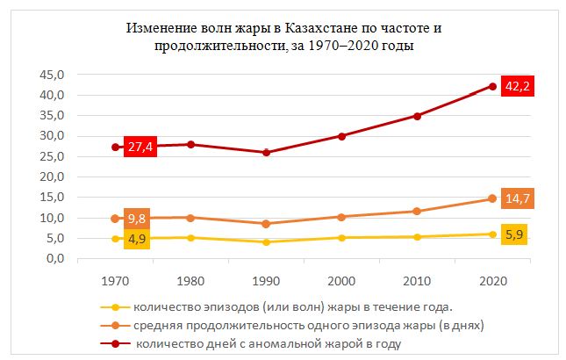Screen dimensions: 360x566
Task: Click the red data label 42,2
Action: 518,87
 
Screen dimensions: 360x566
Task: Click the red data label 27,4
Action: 139,148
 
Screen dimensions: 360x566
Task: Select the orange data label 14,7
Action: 518,199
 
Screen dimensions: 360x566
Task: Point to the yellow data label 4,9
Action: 138,238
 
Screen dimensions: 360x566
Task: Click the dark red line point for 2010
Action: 417,116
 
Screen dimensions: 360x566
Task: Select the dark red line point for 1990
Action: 266,153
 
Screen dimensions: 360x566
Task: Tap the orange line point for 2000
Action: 341,216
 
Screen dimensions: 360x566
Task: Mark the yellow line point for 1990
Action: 266,241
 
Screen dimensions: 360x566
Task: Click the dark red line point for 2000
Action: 341,136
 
